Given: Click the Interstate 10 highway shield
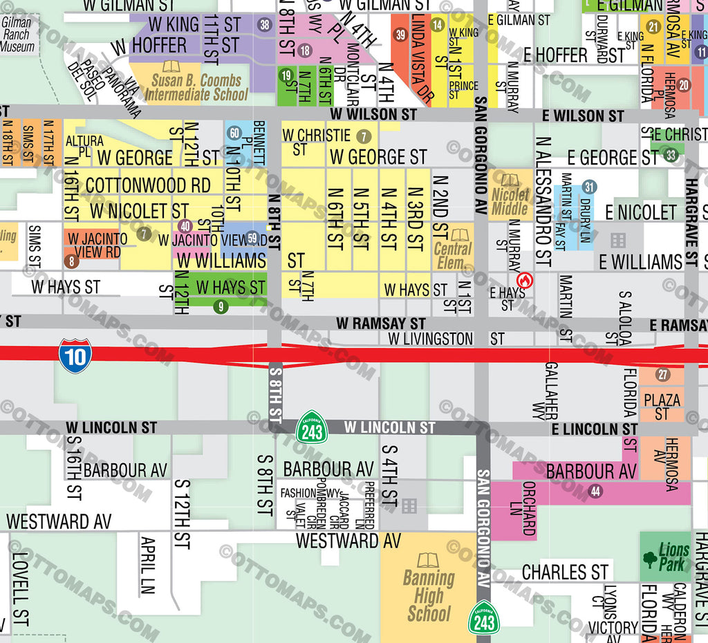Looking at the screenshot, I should point(75,355).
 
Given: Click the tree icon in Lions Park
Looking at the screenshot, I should point(650,559).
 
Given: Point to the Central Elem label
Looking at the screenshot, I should point(454,250).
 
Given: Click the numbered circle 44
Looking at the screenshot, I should point(595,491).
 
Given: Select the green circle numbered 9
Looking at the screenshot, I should point(221,307).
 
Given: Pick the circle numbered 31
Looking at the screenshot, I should point(589,187).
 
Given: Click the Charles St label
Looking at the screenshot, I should point(564,572).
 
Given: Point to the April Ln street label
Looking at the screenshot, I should point(148,565).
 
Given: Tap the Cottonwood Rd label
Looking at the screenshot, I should point(148,185).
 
